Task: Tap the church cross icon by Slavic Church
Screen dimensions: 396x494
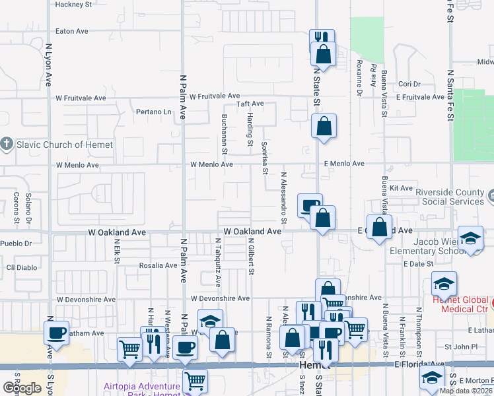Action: tap(7, 144)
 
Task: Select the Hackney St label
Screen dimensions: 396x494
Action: tap(73, 4)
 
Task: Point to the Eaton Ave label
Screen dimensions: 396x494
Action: tap(72, 31)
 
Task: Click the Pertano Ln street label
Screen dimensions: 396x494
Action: tap(153, 112)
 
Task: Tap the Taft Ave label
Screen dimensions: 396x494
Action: tap(250, 104)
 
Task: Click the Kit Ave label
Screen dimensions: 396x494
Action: tap(401, 188)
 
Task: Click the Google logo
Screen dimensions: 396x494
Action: tap(22, 388)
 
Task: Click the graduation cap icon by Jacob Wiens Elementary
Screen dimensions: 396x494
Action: tap(470, 239)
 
